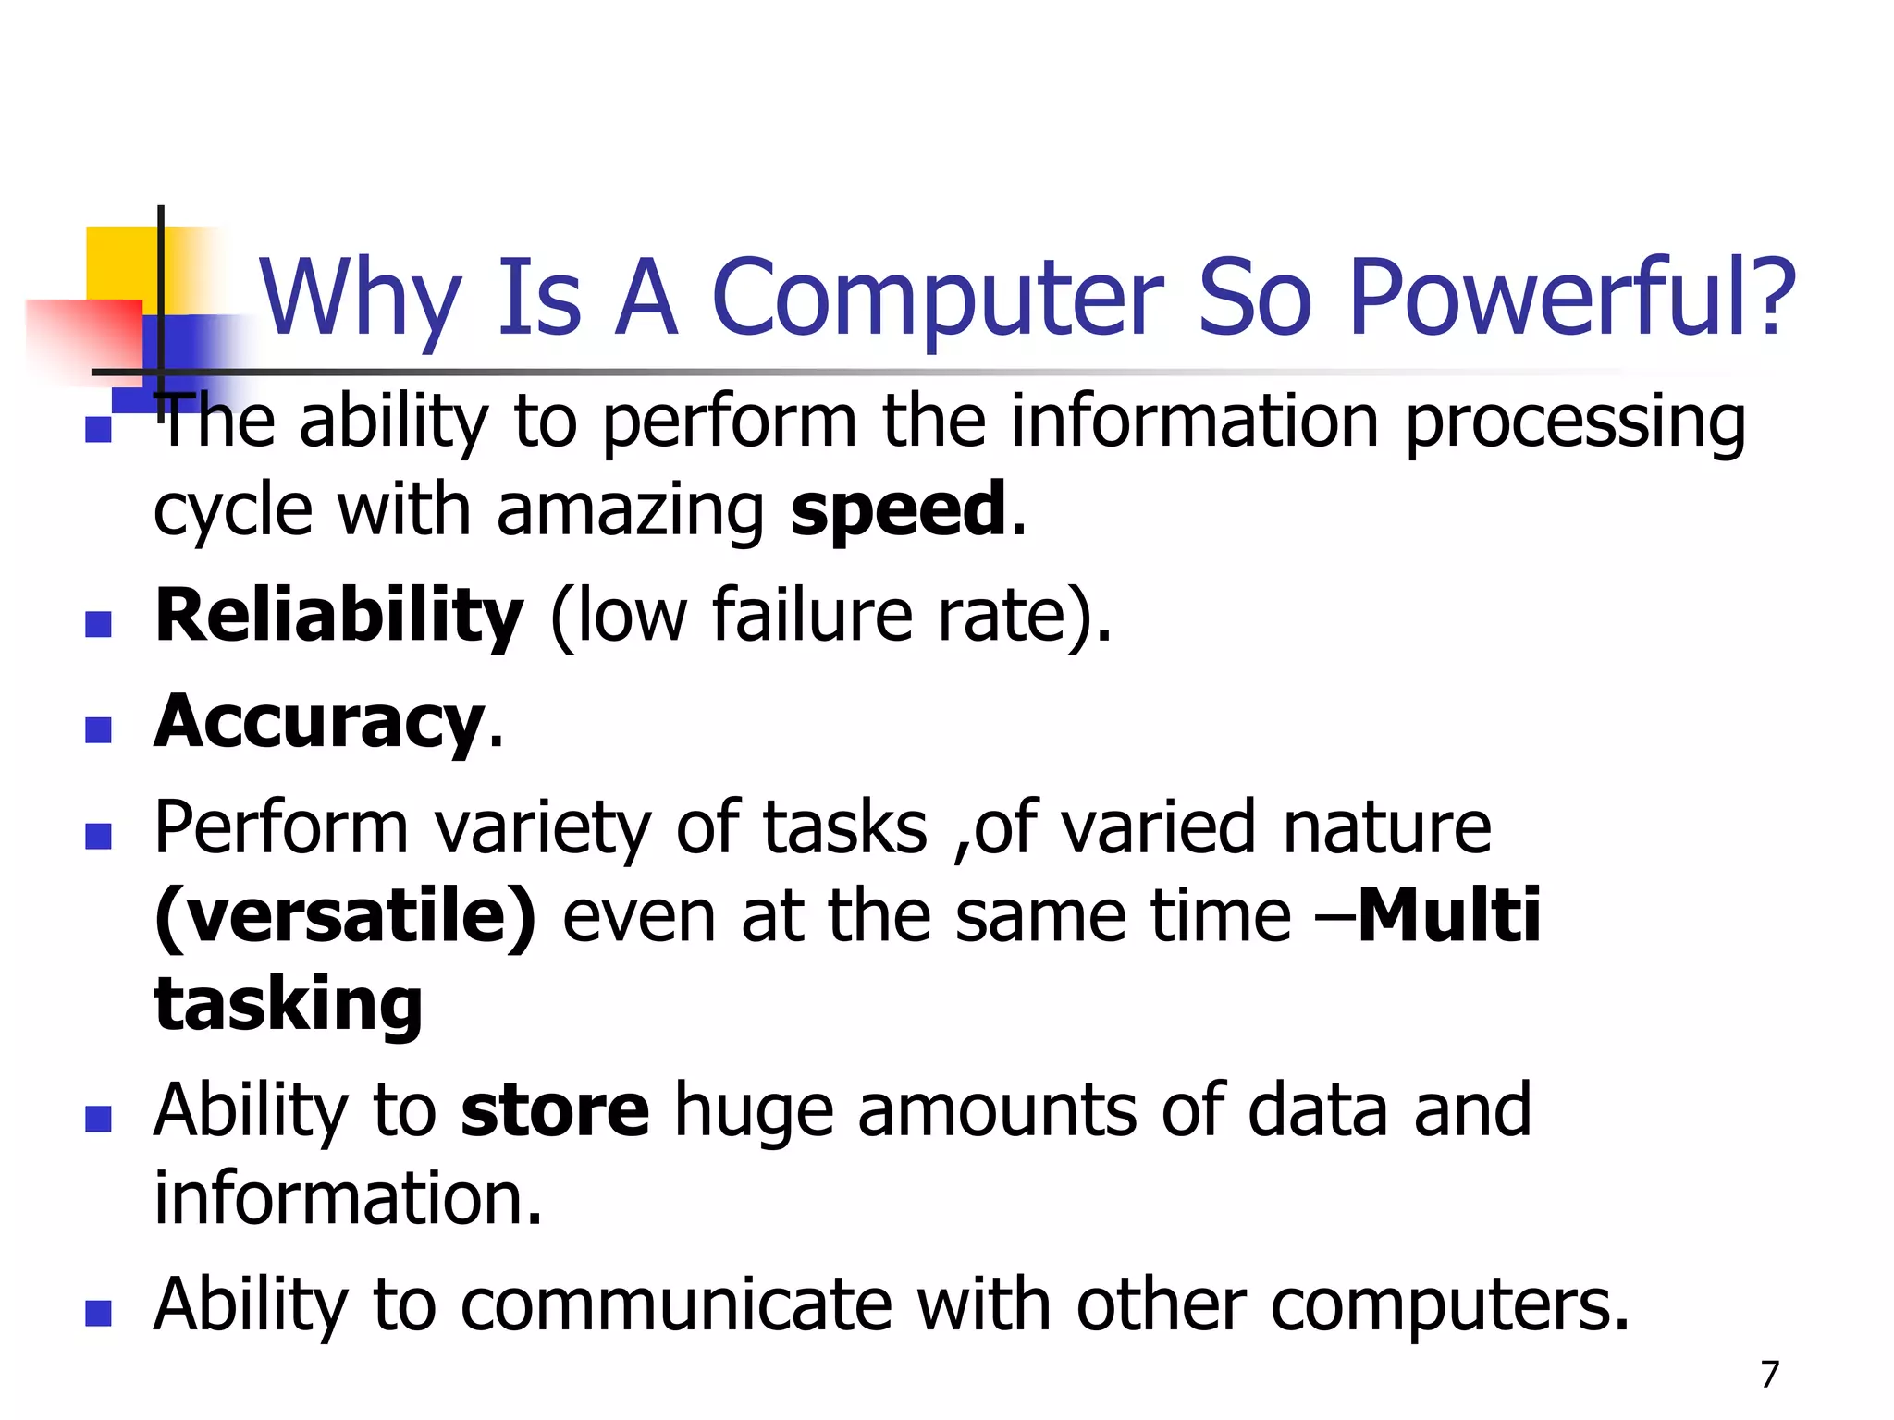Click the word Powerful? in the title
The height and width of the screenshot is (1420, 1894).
(x=1571, y=298)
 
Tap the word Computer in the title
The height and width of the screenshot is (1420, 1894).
(x=938, y=298)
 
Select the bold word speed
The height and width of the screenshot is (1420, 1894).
(x=898, y=509)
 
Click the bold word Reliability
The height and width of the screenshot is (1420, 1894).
(x=338, y=617)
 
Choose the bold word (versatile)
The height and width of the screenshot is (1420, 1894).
(x=345, y=916)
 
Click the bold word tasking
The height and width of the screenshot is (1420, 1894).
(x=289, y=1006)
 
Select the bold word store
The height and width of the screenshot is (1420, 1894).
(x=555, y=1110)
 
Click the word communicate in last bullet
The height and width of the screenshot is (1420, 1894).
(x=676, y=1304)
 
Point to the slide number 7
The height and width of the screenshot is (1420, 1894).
(x=1769, y=1374)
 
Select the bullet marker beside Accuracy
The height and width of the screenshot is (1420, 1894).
(x=98, y=730)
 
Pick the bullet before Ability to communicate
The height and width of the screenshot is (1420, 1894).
(x=98, y=1313)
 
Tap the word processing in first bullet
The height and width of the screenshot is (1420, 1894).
(x=1575, y=423)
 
